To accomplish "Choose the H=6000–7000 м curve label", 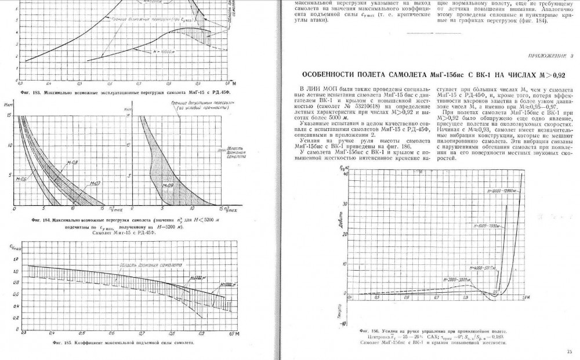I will pyautogui.click(x=486, y=224).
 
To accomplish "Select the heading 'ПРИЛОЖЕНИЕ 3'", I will pyautogui.click(x=550, y=56).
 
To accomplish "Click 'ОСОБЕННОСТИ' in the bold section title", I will pyautogui.click(x=330, y=74).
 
